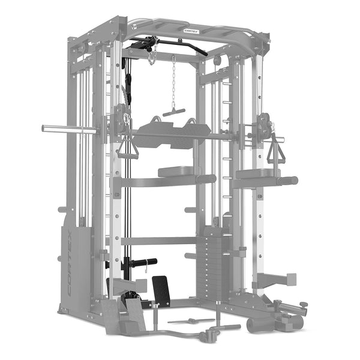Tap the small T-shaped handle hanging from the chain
(173, 112)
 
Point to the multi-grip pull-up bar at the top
(198, 33)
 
